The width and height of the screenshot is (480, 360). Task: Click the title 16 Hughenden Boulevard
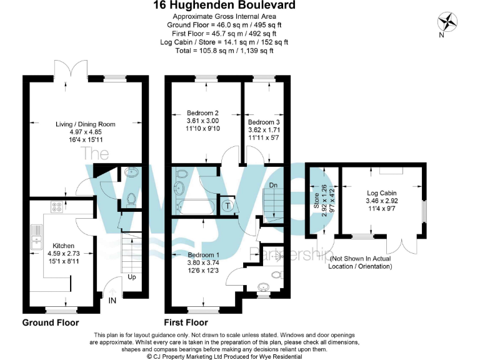(225, 6)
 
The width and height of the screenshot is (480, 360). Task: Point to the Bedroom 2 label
(202, 113)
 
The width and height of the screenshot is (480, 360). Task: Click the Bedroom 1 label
(203, 254)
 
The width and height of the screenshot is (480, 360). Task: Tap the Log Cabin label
(381, 193)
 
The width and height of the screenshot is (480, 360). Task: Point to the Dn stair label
(272, 186)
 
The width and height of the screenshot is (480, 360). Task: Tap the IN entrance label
(112, 301)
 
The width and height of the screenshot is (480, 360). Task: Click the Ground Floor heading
(51, 323)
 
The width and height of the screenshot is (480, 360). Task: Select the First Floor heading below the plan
(186, 323)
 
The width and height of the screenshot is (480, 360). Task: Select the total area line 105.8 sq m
(225, 51)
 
